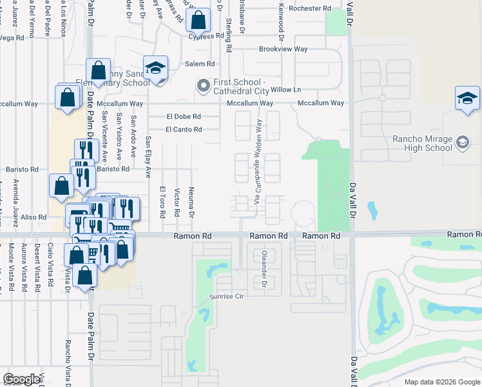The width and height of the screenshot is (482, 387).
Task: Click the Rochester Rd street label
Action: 310,8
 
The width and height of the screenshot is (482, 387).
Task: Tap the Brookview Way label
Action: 283,49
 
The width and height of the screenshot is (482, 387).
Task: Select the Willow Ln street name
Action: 285,89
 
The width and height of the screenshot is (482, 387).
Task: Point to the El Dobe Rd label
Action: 184,117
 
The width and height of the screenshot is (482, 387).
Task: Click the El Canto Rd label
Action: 184,130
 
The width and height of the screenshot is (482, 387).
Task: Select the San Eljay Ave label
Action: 148,157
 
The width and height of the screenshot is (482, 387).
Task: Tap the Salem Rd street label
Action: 200,64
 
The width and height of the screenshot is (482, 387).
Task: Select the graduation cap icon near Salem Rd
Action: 155,68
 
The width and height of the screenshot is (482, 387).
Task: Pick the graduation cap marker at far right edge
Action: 467,98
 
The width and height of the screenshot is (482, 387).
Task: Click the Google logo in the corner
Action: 21,379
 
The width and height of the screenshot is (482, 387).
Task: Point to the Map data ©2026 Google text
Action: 441,382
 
